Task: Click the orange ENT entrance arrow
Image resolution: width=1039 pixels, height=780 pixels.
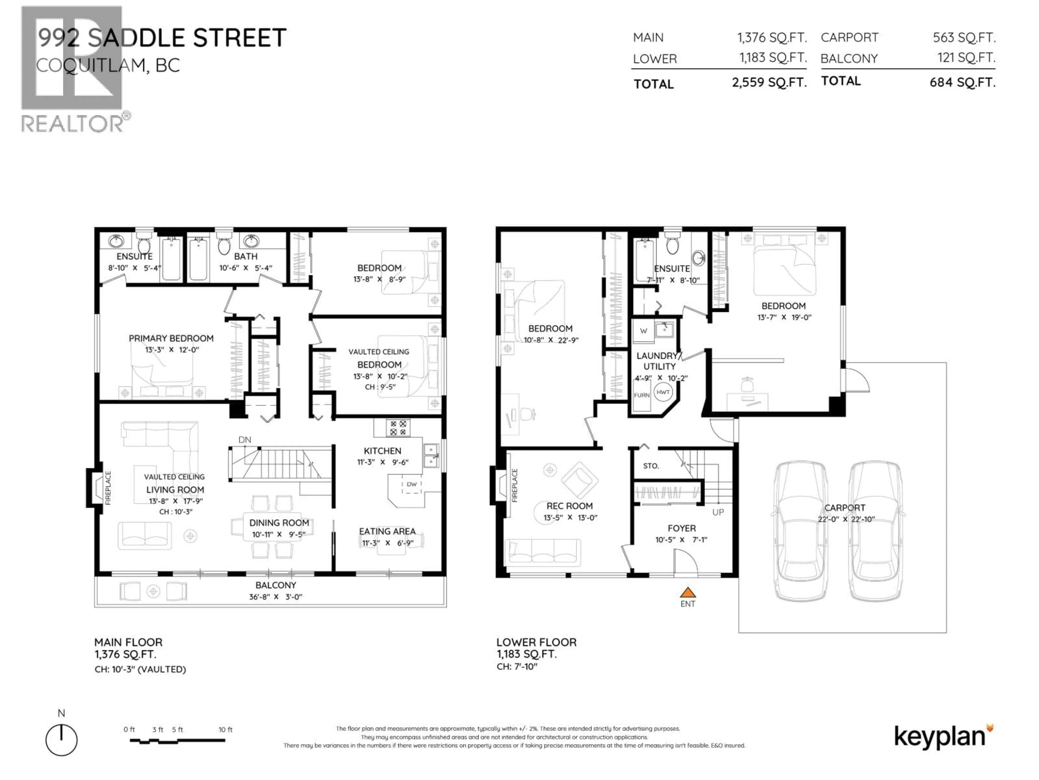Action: (x=687, y=592)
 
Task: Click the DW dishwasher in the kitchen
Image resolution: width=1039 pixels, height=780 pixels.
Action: (x=412, y=484)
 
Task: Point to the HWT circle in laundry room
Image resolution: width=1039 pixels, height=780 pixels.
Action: (x=663, y=392)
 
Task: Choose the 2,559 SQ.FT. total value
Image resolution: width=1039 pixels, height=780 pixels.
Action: (x=769, y=83)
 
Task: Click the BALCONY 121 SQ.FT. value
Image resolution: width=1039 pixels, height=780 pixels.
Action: (x=966, y=58)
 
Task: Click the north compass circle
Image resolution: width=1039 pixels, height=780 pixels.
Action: (x=61, y=740)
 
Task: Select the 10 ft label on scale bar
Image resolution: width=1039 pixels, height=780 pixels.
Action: (x=225, y=730)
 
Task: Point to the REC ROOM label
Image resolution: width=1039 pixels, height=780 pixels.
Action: (x=569, y=506)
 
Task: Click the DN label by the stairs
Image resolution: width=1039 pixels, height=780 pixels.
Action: (x=245, y=440)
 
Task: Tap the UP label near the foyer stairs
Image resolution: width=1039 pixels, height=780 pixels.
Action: (x=718, y=512)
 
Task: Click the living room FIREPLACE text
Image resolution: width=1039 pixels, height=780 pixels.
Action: (x=108, y=488)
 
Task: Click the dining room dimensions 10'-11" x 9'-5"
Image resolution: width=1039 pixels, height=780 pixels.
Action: (x=279, y=535)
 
